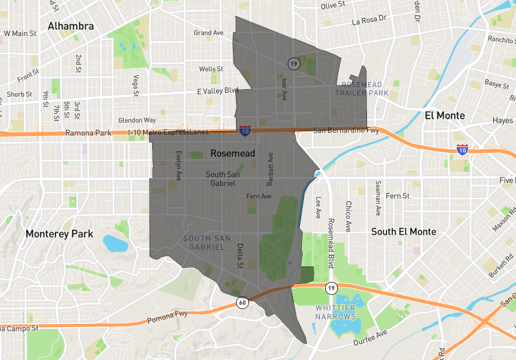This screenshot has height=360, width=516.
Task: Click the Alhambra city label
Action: click(70, 26)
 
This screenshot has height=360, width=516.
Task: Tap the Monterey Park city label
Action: click(59, 234)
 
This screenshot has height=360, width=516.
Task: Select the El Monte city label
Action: click(449, 115)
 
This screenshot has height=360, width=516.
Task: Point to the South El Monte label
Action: click(404, 232)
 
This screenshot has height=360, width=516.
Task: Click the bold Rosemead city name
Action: click(233, 154)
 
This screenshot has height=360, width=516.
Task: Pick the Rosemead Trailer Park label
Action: click(362, 89)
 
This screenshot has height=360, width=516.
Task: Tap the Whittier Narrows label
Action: click(335, 312)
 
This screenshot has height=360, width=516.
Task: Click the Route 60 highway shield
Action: click(241, 301)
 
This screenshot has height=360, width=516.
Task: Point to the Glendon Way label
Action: click(137, 120)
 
